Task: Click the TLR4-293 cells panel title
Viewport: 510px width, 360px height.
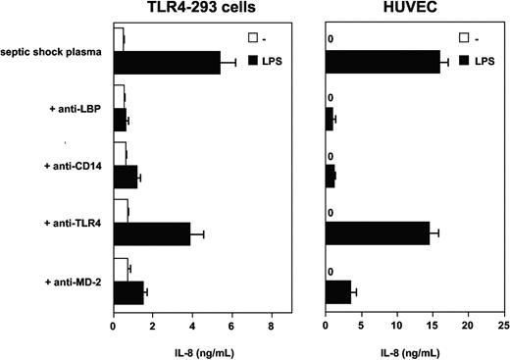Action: (195, 9)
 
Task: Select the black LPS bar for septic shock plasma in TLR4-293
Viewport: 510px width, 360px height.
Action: (167, 62)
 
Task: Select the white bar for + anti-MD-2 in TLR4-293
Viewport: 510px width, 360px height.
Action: (121, 267)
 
